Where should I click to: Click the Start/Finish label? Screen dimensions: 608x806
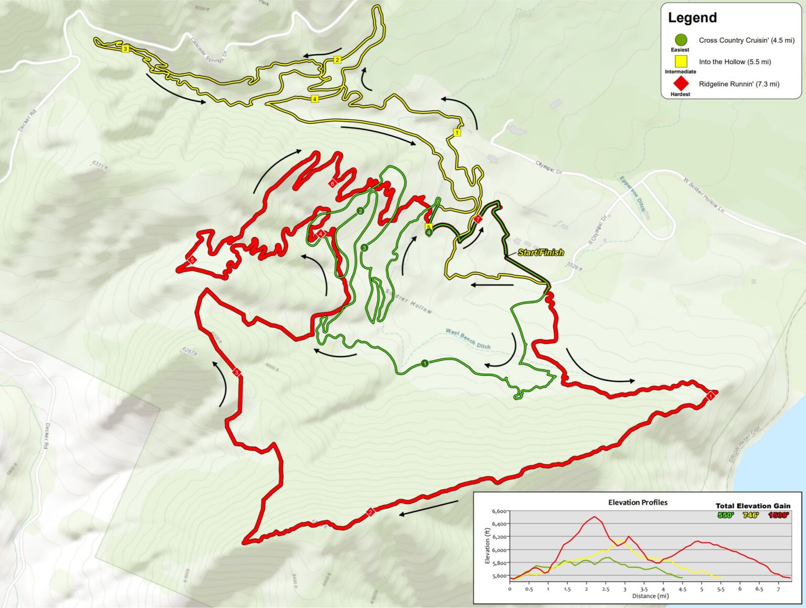tap(540, 253)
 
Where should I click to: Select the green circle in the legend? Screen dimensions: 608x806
tap(681, 40)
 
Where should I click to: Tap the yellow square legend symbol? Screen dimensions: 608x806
tap(681, 61)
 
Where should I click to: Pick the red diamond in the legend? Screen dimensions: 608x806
tap(681, 83)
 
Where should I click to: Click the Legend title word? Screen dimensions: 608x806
tap(692, 18)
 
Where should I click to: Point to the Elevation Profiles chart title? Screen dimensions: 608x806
tap(638, 502)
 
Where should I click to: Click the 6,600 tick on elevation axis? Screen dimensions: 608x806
tap(499, 511)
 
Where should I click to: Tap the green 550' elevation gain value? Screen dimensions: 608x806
tap(725, 515)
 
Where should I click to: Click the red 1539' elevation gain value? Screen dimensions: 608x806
tap(779, 515)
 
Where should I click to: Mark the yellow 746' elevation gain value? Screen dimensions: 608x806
tap(751, 515)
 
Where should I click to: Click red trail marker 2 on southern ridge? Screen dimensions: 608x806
tap(370, 512)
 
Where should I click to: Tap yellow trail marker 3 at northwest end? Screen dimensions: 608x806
tap(125, 49)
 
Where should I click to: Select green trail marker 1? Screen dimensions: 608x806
tap(425, 363)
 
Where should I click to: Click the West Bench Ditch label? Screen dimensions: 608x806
tap(468, 339)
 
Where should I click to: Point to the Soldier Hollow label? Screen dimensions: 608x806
tap(409, 301)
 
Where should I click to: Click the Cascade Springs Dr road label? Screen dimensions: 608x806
tap(208, 50)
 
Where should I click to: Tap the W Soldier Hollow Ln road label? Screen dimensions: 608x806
tap(704, 195)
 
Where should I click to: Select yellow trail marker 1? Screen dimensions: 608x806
tap(457, 133)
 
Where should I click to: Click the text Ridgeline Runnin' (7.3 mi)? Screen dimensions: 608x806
tap(739, 84)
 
